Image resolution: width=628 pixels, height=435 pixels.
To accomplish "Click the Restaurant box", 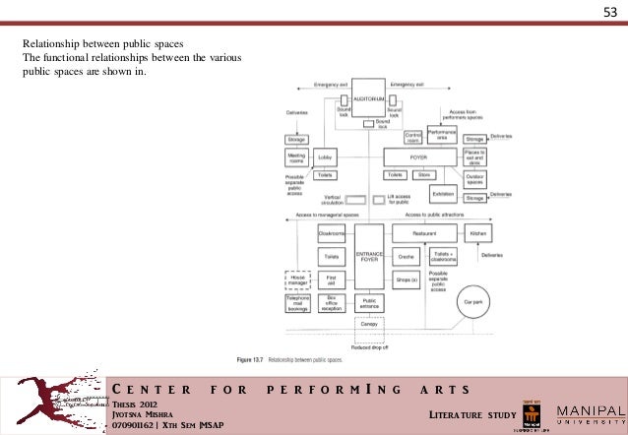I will (x=424, y=234).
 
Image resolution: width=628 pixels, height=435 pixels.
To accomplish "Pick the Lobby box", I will (x=326, y=156).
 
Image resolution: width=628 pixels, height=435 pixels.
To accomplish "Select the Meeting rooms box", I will (x=296, y=156).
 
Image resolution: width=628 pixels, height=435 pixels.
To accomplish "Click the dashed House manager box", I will (x=297, y=280).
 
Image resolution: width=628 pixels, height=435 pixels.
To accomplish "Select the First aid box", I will (x=331, y=280).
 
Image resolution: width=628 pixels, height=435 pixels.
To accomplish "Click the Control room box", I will (x=413, y=137).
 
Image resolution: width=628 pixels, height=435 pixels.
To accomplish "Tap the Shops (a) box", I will (x=407, y=280).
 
